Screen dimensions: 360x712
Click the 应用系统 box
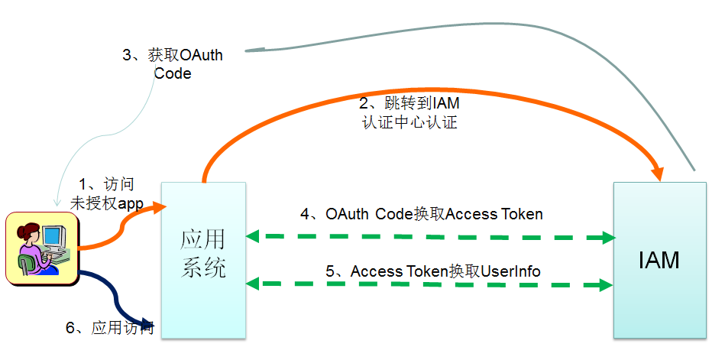tap(203, 260)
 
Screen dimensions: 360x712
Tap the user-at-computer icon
tap(42, 248)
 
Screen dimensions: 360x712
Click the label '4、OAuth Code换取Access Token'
tap(422, 214)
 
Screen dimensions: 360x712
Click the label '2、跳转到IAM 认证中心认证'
tap(409, 112)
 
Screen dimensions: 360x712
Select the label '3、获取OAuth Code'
tap(173, 64)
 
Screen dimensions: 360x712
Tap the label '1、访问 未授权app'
tap(107, 193)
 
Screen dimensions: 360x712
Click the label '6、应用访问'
tap(110, 329)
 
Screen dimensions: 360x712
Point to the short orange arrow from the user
tap(115, 229)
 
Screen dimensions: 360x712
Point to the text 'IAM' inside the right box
tap(659, 261)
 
